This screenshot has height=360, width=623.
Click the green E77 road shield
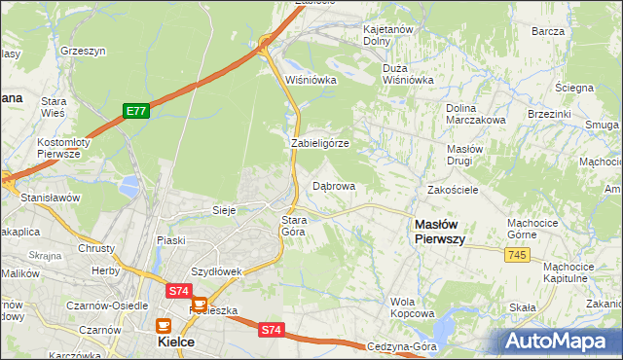click(x=135, y=112)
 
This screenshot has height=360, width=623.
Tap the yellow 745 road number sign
click(x=518, y=254)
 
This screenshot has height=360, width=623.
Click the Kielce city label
click(x=177, y=342)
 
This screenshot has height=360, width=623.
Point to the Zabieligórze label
click(x=320, y=143)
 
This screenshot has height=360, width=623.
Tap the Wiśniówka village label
click(x=311, y=80)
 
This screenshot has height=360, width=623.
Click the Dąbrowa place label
click(x=334, y=186)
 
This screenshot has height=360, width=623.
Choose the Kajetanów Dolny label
click(x=388, y=36)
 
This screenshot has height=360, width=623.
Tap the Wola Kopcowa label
click(x=413, y=307)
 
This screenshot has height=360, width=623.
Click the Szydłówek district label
click(x=216, y=271)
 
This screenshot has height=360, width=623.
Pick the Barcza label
click(x=549, y=31)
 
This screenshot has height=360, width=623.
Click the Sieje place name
click(x=226, y=209)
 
